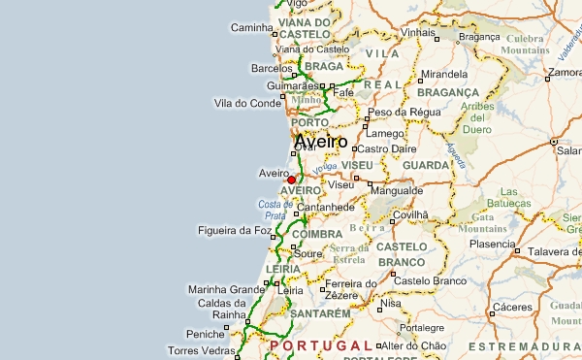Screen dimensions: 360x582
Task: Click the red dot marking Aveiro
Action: (x=291, y=180)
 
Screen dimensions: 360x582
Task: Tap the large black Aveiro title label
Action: (x=320, y=142)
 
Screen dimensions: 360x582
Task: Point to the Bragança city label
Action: (x=478, y=37)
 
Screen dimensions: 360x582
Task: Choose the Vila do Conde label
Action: (x=246, y=103)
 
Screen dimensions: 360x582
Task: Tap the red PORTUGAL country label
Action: (x=320, y=345)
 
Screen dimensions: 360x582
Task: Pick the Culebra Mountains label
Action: (x=528, y=44)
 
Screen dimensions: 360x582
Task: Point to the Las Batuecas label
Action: (x=514, y=199)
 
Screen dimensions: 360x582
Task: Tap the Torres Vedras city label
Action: (x=202, y=350)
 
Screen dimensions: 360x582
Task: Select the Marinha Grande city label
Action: (x=226, y=289)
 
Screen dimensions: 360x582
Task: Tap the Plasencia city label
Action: (x=492, y=244)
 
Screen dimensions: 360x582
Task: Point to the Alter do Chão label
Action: (x=414, y=345)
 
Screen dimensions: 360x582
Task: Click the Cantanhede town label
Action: (x=332, y=208)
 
